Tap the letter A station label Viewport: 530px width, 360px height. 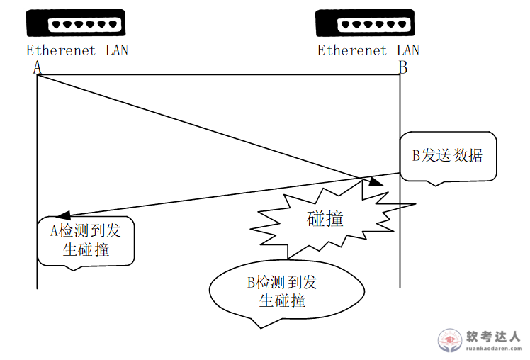37,67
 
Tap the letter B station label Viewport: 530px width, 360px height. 402,67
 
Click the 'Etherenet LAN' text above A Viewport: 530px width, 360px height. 77,50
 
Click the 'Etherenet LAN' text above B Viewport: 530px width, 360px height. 368,50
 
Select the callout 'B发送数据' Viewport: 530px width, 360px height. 447,156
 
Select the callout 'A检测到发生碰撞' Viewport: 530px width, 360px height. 84,240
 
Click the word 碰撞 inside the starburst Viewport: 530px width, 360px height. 325,219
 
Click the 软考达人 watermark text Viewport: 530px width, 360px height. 495,337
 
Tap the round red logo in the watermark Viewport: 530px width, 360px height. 449,341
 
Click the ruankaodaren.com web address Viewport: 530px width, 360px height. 493,349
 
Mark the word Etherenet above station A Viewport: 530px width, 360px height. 61,50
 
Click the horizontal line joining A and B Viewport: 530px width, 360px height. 218,74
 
